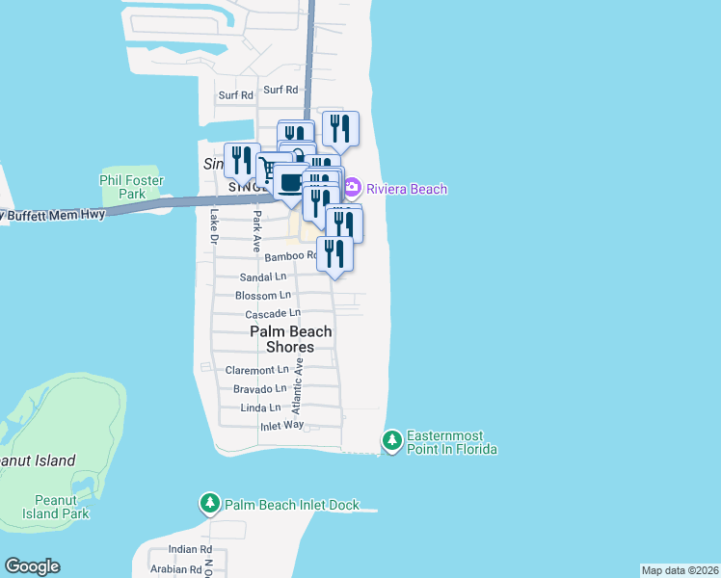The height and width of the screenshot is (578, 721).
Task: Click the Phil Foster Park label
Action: click(132, 187)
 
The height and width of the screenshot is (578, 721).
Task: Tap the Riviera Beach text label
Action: click(407, 189)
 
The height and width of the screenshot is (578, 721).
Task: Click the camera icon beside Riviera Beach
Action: click(353, 187)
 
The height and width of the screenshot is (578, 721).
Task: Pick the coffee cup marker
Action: click(289, 182)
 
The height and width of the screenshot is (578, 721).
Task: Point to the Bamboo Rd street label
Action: click(290, 256)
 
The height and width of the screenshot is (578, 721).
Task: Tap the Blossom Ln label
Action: click(262, 296)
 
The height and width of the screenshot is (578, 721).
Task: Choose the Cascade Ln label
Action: click(273, 314)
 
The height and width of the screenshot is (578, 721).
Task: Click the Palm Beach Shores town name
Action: click(290, 339)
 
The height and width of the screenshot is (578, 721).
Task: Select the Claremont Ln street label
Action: click(256, 370)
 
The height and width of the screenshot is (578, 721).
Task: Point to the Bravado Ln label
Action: click(259, 389)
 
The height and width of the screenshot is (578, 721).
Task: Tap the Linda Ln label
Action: click(260, 408)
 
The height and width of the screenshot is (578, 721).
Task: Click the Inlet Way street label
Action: click(281, 425)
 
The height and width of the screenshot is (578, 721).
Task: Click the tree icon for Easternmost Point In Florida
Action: click(391, 441)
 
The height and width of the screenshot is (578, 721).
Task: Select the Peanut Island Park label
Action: click(62, 507)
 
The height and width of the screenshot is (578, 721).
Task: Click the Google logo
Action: click(32, 566)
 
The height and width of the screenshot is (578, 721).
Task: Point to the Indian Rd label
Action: click(182, 549)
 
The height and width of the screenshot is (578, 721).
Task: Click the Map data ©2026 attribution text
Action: click(680, 570)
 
